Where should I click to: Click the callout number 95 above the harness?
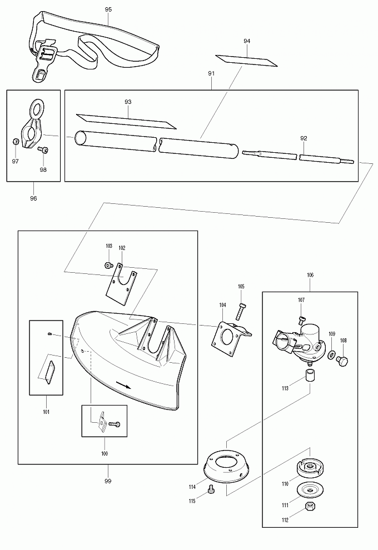point(108,9)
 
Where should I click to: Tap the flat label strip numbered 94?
point(246,61)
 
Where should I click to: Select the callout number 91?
point(211,73)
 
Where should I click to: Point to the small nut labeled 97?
point(16,141)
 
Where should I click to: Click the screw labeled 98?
point(43,150)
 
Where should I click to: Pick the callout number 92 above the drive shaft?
point(304,138)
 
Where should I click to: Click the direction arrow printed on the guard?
point(123,385)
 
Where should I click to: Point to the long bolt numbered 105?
point(241,311)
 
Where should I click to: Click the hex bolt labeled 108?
point(342,360)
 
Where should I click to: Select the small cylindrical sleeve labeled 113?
point(309,375)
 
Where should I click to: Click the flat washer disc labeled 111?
point(310,489)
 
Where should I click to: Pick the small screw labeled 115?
point(211,488)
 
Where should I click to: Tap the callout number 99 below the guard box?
point(108,481)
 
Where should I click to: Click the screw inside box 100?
point(115,424)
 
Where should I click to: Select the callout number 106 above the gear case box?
point(310,276)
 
